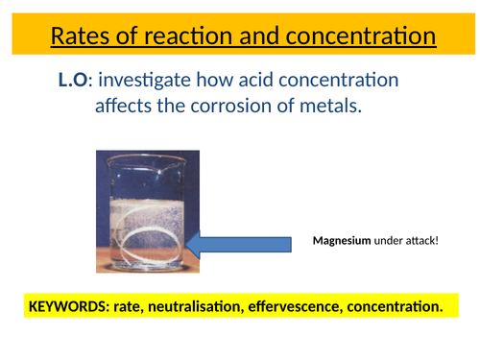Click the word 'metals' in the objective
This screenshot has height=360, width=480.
tap(331, 107)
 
